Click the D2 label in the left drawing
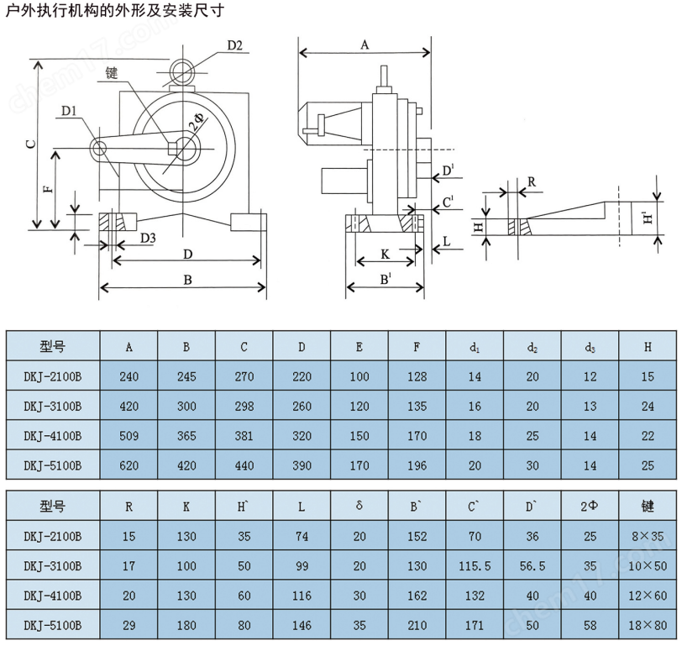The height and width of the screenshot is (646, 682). coord(234,45)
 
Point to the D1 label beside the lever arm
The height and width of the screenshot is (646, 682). coord(70,110)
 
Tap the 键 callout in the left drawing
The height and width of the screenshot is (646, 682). coord(113,73)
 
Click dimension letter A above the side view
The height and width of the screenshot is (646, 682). coord(365,45)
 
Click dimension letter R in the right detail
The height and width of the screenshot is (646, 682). coord(532,181)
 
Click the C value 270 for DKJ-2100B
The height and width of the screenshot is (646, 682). coord(244,376)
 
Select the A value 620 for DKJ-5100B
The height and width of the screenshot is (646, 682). coord(129,465)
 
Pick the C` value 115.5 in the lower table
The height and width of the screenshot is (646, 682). coord(474,566)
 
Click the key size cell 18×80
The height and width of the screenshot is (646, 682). coord(648,625)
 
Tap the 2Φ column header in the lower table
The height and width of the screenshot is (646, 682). coord(590,507)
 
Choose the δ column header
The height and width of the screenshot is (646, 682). coord(359,507)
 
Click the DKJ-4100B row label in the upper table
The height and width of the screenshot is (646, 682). coord(53,435)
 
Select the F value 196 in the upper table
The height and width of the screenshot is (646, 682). coord(417,465)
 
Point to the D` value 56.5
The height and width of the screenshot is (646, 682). coord(532,566)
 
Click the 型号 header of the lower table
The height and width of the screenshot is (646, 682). coord(53,507)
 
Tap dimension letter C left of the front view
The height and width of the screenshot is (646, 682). coord(31,144)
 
